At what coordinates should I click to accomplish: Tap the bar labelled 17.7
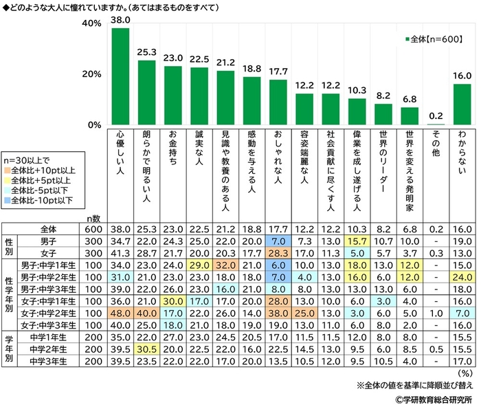[x=278, y=102]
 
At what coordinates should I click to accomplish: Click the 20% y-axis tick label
[x=92, y=74]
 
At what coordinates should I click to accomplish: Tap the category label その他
[x=436, y=144]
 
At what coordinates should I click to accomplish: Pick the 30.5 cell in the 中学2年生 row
[x=147, y=349]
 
